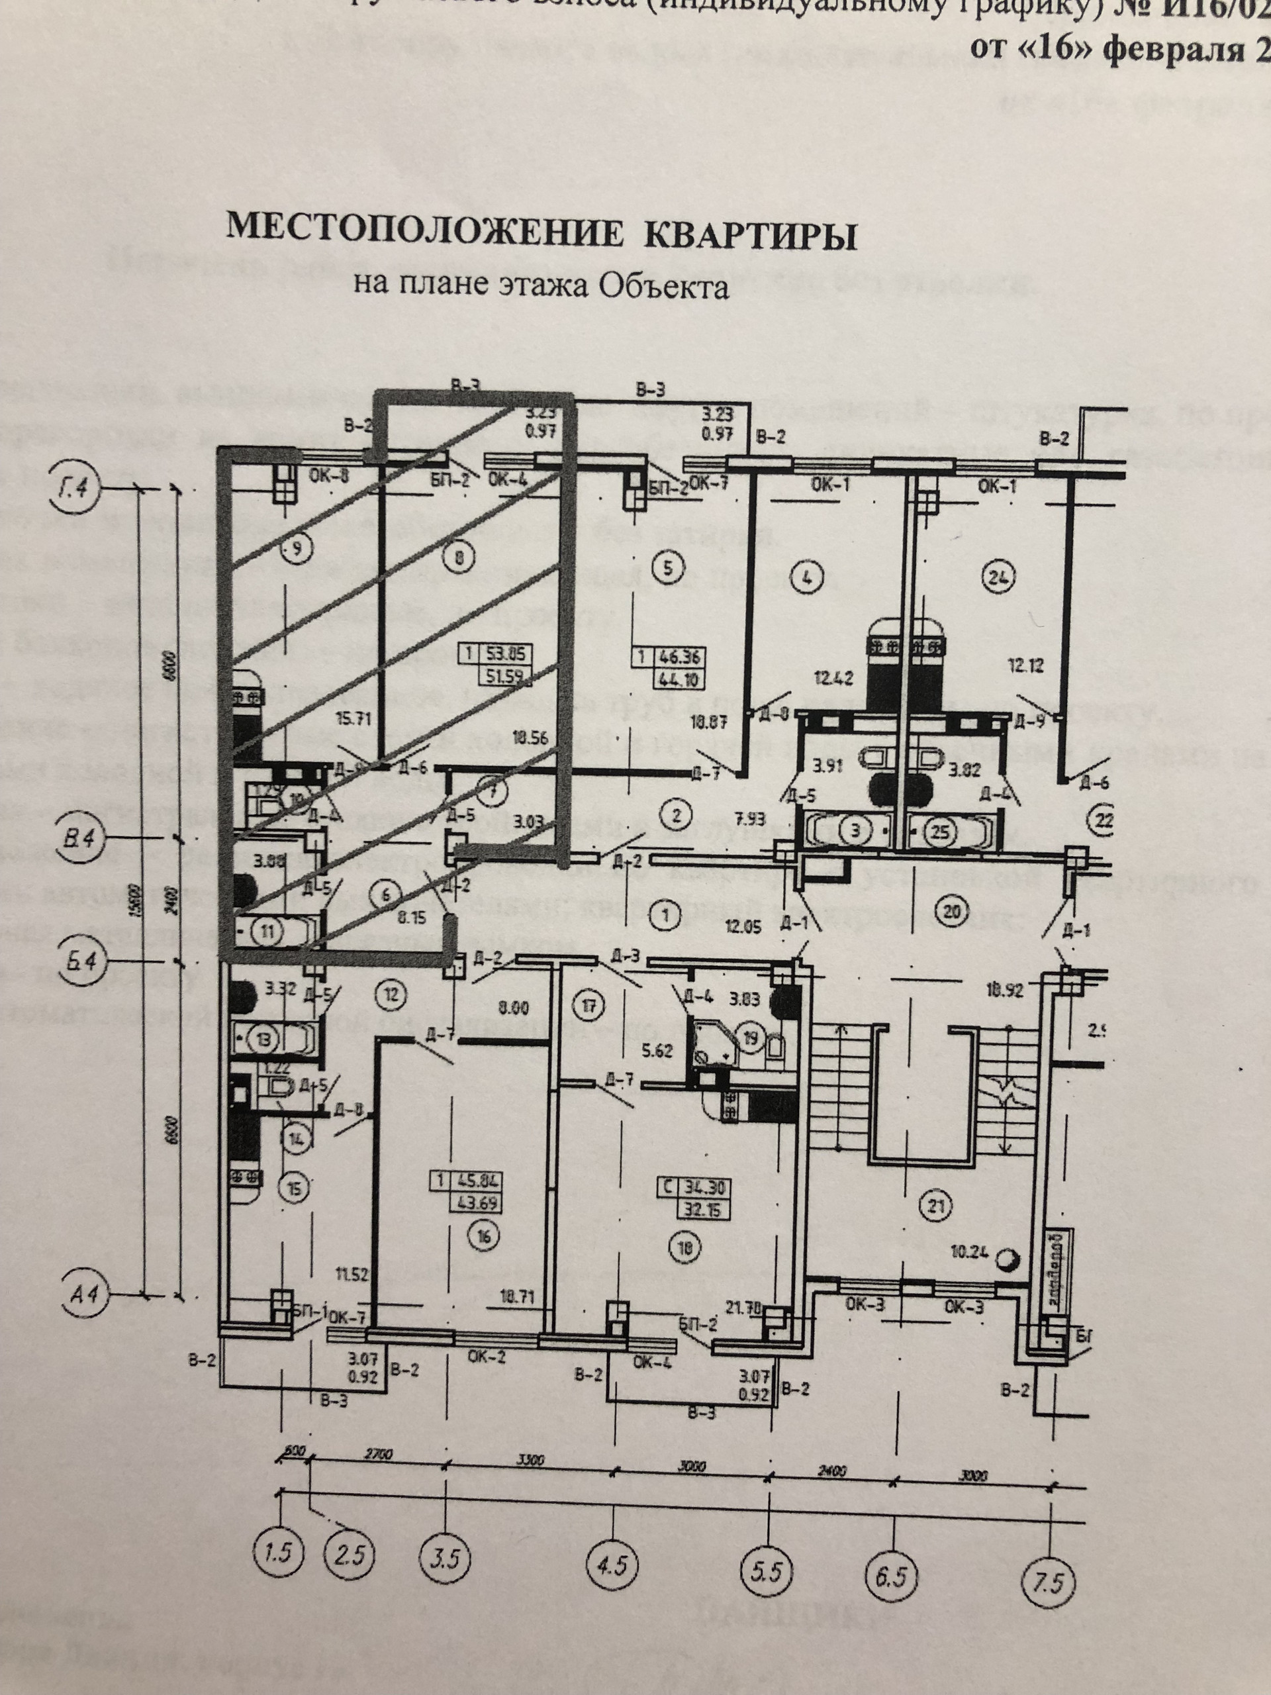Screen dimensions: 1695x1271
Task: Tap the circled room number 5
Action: click(x=667, y=569)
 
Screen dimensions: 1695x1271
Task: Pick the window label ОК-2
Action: click(x=487, y=1355)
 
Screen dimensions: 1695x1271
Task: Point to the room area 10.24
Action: click(x=974, y=1255)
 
